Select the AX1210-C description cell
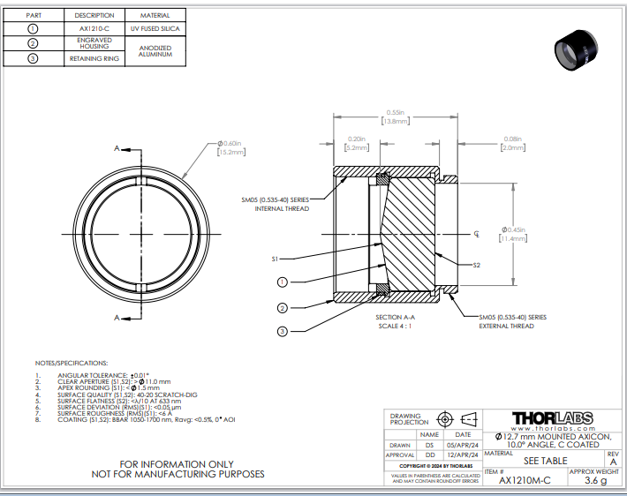coord(93,28)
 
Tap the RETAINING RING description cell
coord(93,59)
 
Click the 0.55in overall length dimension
coord(394,116)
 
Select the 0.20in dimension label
coord(357,143)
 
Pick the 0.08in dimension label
coord(512,143)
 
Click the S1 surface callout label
coord(276,259)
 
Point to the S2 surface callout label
coord(476,265)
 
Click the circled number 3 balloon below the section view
coord(282,331)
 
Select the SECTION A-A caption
coord(395,318)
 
